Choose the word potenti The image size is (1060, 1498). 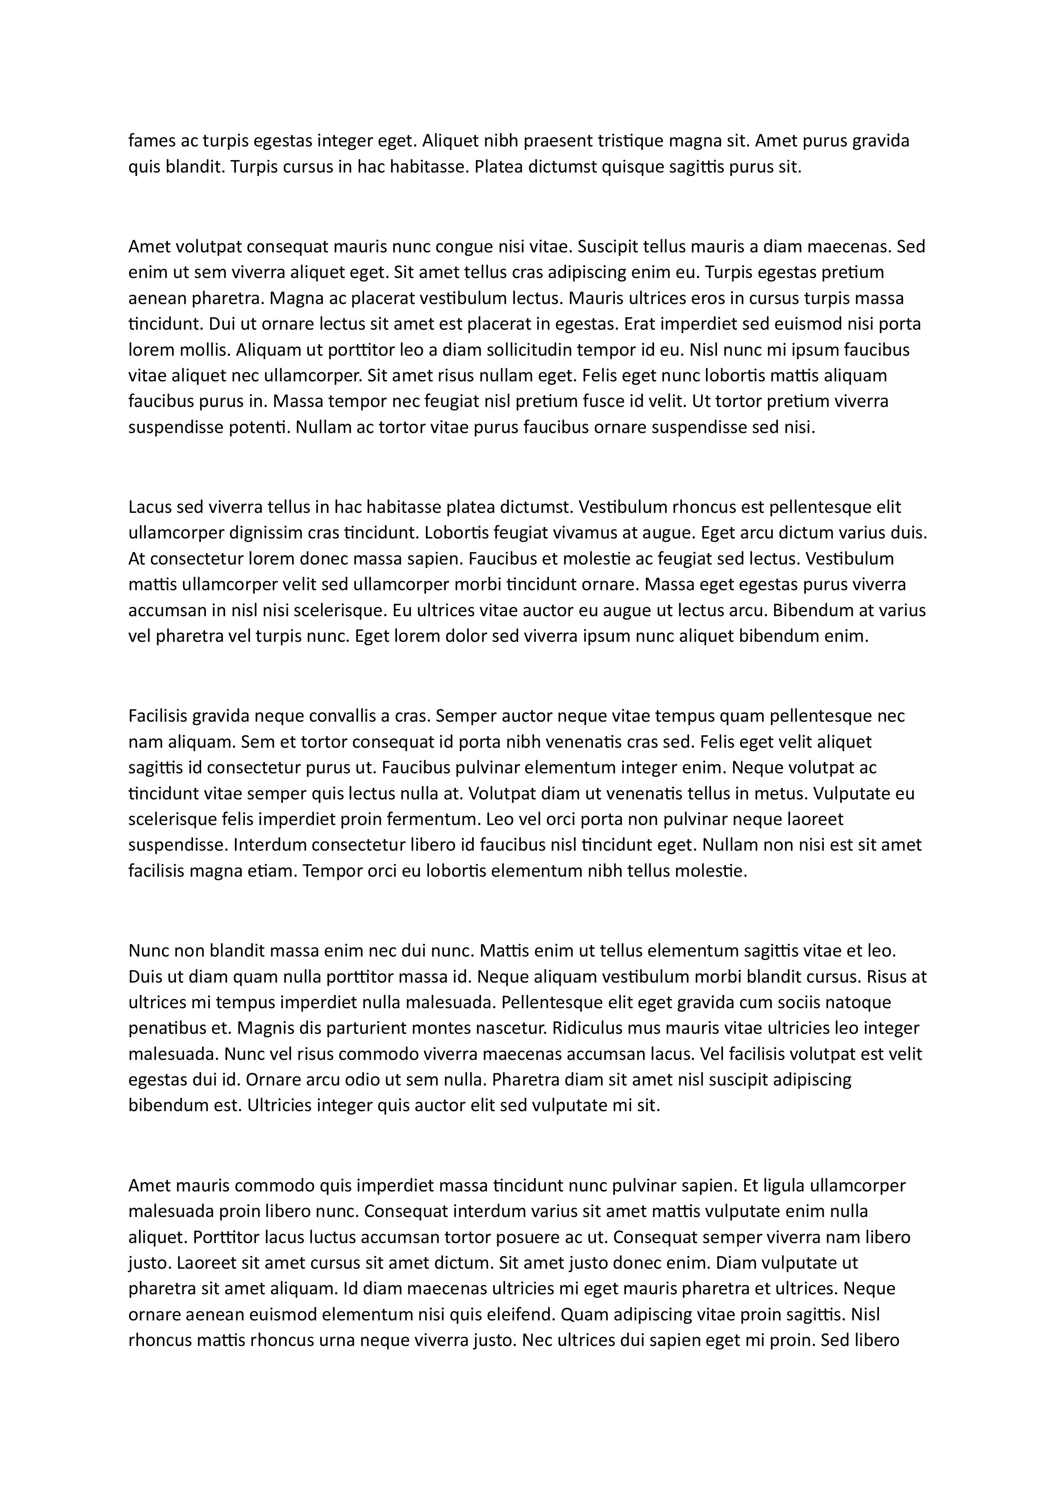coord(265,427)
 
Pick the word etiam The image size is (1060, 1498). coord(272,870)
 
